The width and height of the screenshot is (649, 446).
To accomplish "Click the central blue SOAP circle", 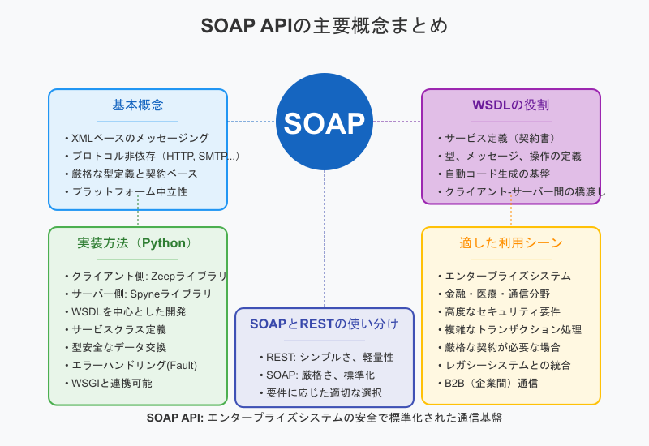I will pos(324,122).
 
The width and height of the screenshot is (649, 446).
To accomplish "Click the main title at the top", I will pos(324,26).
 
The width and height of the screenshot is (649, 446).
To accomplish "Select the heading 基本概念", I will pos(138,105).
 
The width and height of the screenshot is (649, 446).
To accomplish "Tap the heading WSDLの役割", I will pos(510,105).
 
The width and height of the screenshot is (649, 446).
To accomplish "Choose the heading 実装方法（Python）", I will pos(137,243).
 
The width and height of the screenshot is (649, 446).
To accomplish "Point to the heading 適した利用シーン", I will pos(510,243).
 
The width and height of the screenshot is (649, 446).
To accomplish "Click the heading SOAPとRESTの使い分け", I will pos(324,324).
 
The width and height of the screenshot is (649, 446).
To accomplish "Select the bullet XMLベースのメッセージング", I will pos(140,138).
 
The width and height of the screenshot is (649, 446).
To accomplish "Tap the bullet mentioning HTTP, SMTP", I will pos(154,156).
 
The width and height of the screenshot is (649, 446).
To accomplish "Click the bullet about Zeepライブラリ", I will pos(148,276).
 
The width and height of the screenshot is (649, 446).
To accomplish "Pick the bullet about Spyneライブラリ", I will pos(141,294).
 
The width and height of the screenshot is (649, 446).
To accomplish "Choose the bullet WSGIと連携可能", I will pos(111,383).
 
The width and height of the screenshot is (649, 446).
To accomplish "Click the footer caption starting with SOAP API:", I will pos(324,418).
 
